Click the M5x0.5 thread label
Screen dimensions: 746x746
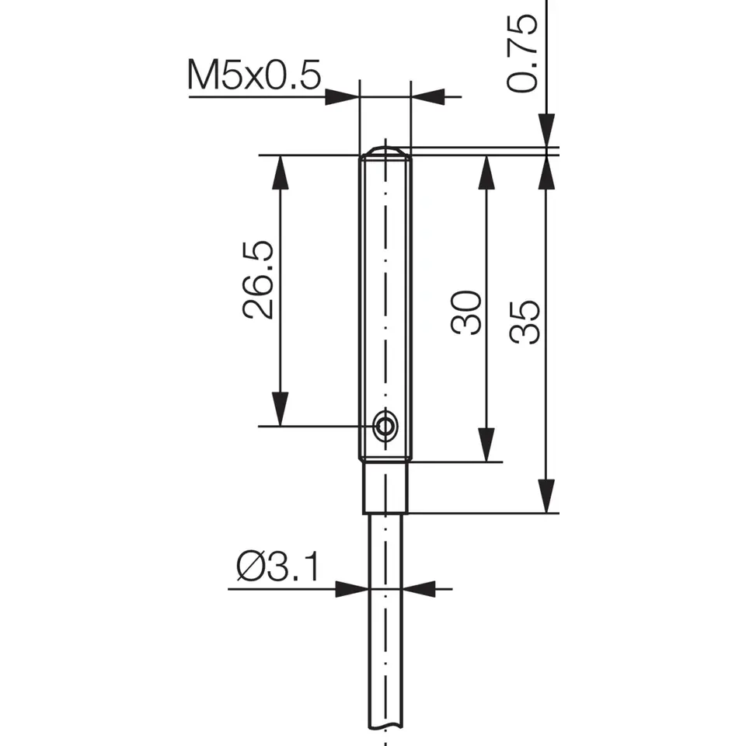coord(254,76)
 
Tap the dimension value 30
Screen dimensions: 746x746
coord(467,312)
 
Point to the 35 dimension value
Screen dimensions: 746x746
coord(526,322)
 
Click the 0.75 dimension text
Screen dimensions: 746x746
coord(523,53)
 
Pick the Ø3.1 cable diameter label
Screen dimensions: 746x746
coord(277,569)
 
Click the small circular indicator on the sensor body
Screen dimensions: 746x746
coord(385,425)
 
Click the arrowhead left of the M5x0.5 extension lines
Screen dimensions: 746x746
coord(342,97)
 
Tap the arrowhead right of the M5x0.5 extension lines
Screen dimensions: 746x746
coord(427,97)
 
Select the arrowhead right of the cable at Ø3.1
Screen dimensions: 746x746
coord(420,589)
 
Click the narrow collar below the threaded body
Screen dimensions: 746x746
coord(385,487)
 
